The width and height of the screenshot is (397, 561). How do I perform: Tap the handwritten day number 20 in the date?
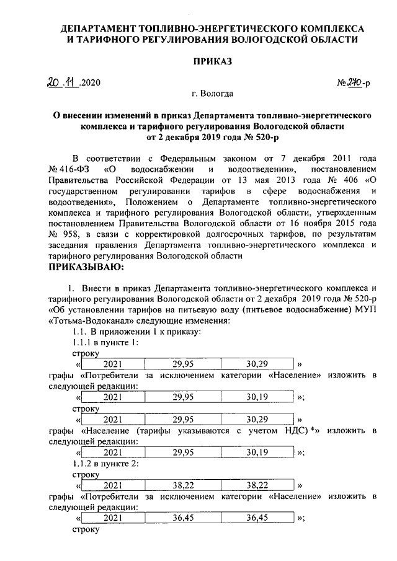(55, 82)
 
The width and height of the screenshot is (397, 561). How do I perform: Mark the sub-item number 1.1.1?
(83, 343)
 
